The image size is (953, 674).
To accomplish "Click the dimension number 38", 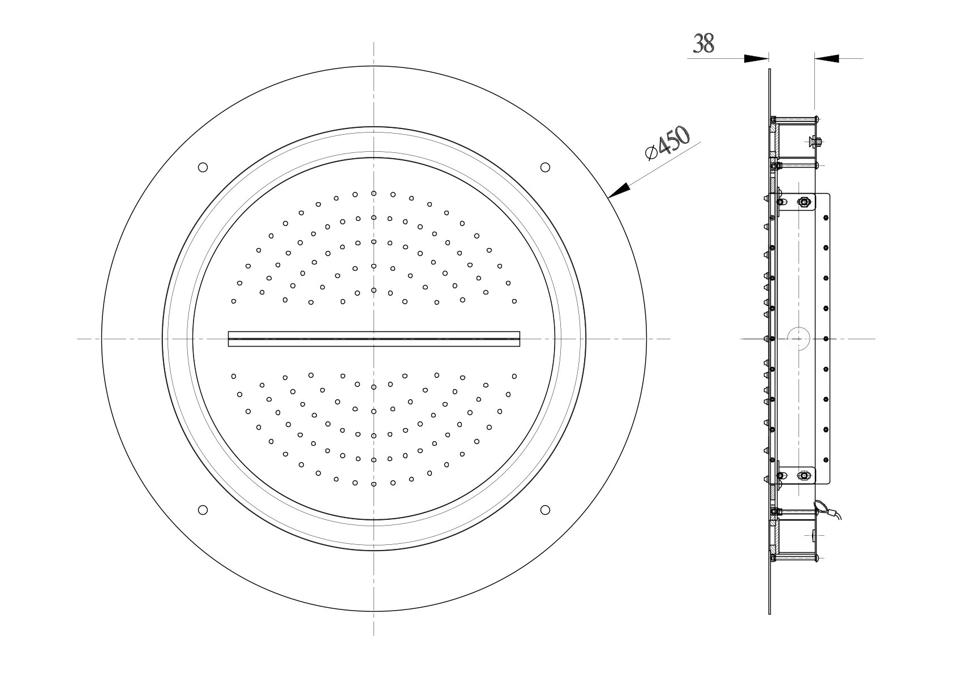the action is (x=703, y=44).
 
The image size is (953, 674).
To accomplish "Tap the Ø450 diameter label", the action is (x=667, y=143).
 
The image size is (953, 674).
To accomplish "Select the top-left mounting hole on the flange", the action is (x=203, y=167).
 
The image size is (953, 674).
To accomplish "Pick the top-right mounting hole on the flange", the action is (x=545, y=167).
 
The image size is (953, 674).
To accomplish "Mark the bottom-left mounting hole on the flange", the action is (x=203, y=510).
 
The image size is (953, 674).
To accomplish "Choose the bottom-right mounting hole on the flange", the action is (x=545, y=510).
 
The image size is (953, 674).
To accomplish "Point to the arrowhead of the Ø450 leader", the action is (x=619, y=190).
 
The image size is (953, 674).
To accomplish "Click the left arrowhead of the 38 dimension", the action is (x=756, y=59).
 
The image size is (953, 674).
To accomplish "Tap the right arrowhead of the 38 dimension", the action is (x=827, y=59).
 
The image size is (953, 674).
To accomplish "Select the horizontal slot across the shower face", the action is (x=374, y=339).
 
